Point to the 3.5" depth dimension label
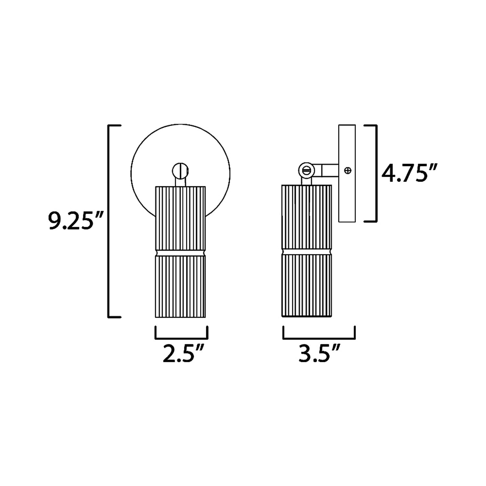point(319,355)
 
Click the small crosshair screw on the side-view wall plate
point(348,170)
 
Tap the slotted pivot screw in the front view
point(180,170)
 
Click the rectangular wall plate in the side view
point(347,173)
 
